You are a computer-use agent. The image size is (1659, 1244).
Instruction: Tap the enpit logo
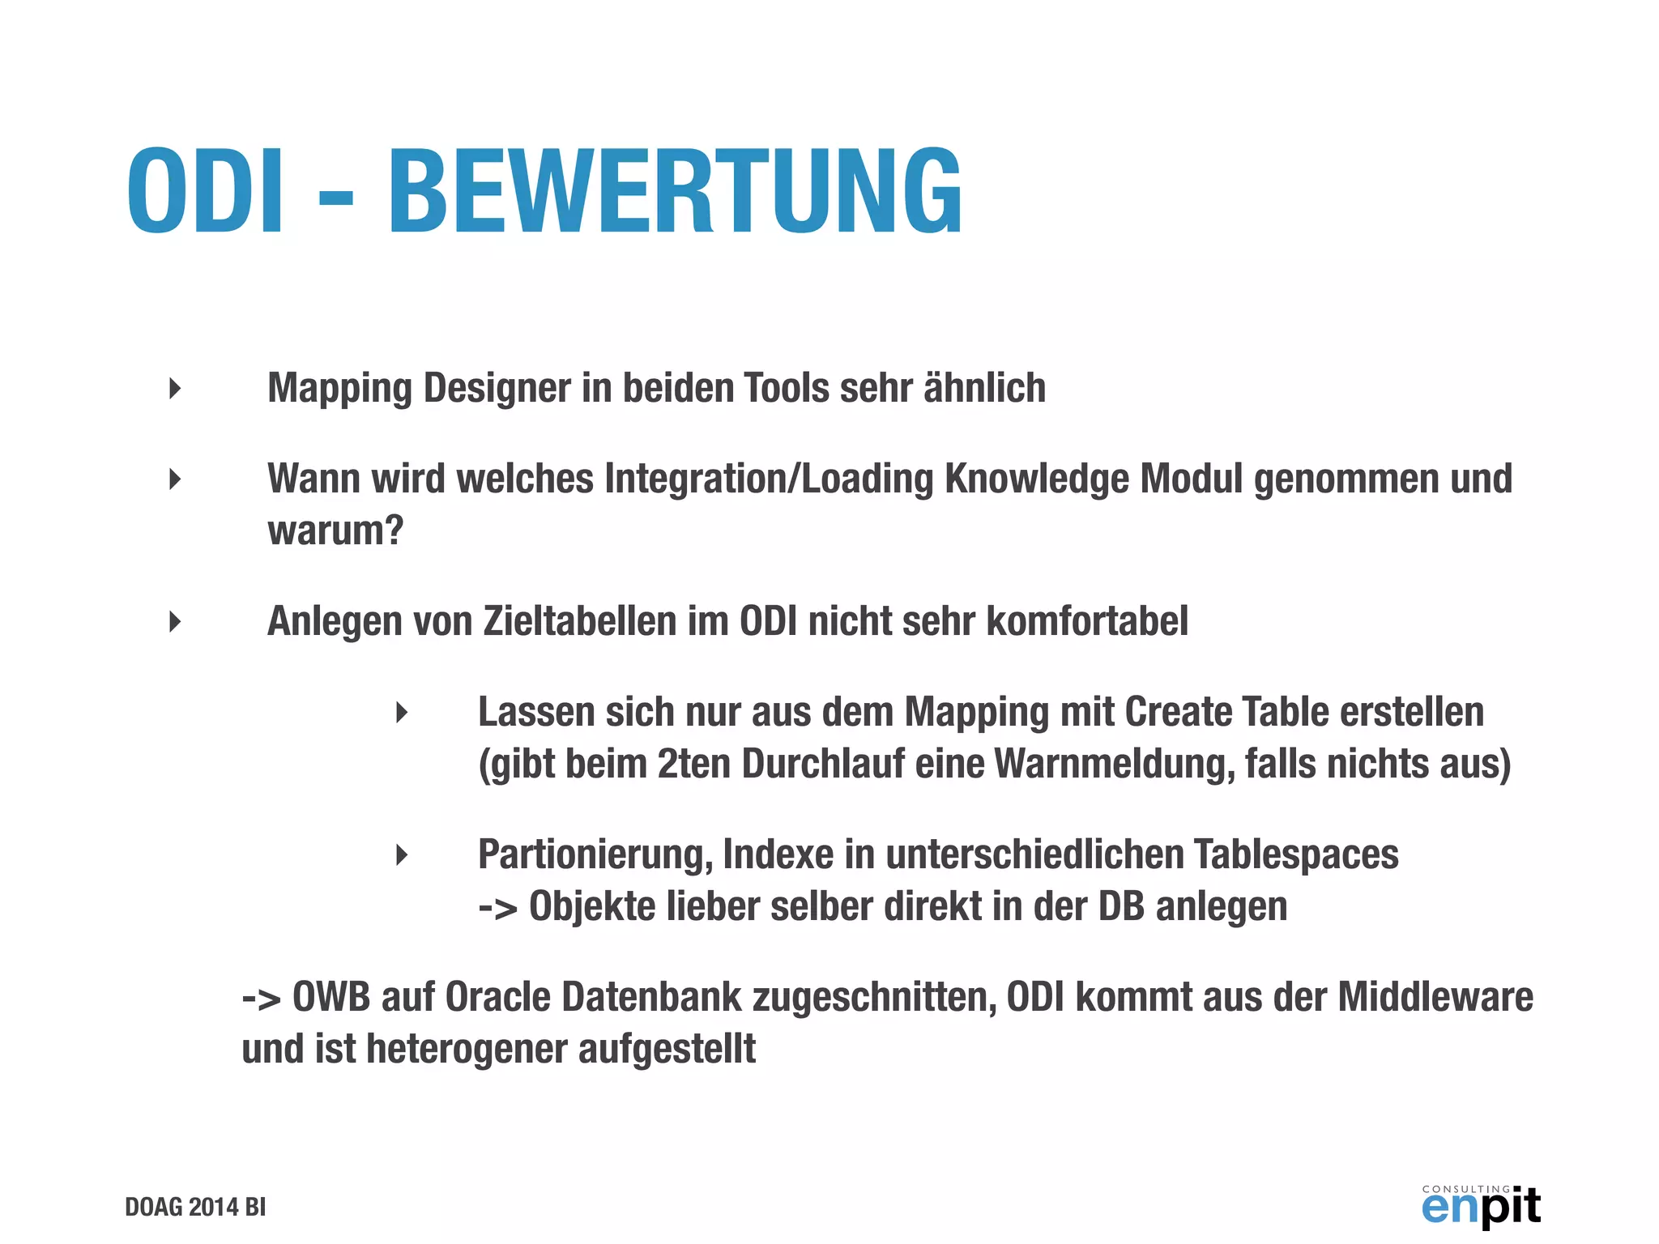coord(1481,1206)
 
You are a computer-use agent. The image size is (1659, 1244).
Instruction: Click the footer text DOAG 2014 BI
coord(195,1207)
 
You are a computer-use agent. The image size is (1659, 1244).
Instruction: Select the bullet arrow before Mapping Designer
coord(175,388)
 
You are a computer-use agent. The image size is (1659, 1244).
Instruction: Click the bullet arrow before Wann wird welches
coord(175,479)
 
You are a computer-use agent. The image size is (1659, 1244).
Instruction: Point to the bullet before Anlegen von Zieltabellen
coord(175,621)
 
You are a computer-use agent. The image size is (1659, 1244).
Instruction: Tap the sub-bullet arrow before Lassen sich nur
coord(402,713)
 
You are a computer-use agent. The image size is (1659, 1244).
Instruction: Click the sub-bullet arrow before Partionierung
coord(402,854)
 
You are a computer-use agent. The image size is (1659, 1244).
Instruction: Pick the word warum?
coord(335,531)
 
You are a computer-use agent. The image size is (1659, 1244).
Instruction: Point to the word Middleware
coord(1435,997)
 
